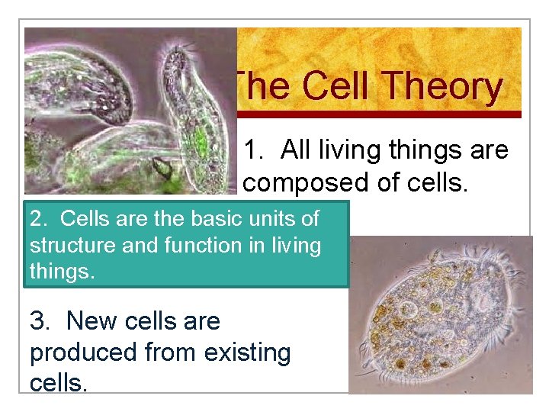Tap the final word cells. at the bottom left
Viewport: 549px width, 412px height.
[59, 381]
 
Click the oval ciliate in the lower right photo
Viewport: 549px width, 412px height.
[442, 313]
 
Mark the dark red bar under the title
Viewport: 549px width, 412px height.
[379, 114]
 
